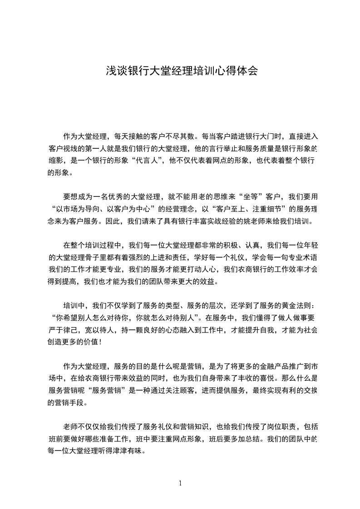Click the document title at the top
pyautogui.click(x=182, y=71)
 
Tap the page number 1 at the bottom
pyautogui.click(x=180, y=483)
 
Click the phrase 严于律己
pyautogui.click(x=64, y=328)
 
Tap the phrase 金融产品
pyautogui.click(x=261, y=365)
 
